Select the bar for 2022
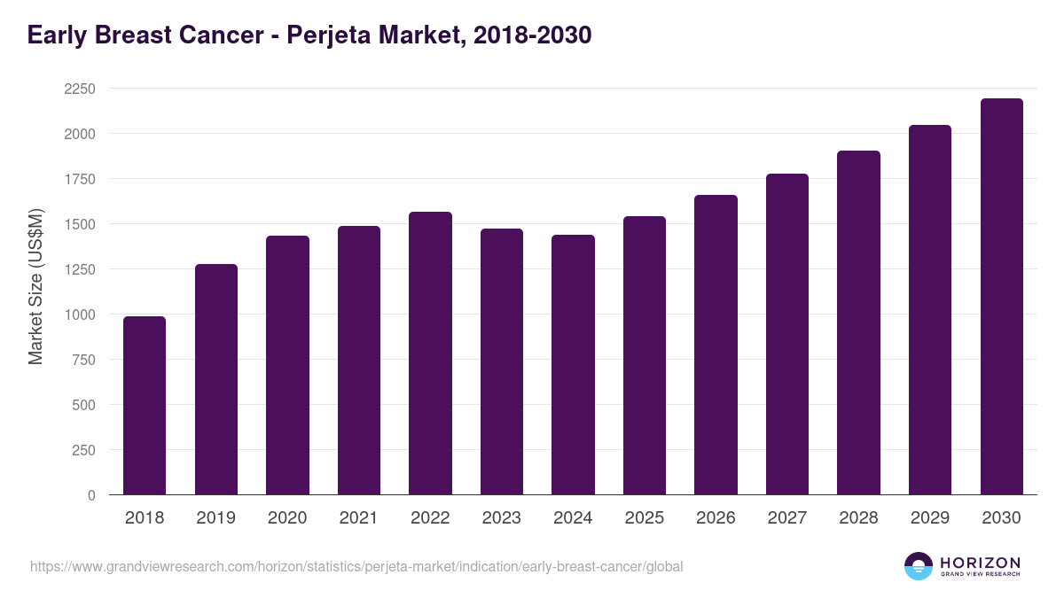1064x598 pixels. (430, 353)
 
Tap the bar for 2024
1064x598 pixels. (573, 365)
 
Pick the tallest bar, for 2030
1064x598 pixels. (1001, 297)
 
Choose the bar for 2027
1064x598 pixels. (787, 334)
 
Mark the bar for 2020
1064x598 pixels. (287, 365)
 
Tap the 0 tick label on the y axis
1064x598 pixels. (90, 495)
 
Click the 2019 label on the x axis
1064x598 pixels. (215, 518)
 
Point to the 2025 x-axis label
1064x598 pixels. (644, 518)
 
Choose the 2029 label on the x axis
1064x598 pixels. (929, 518)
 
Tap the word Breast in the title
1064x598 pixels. (140, 35)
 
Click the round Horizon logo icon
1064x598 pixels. (919, 566)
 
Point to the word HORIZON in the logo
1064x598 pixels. (980, 563)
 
